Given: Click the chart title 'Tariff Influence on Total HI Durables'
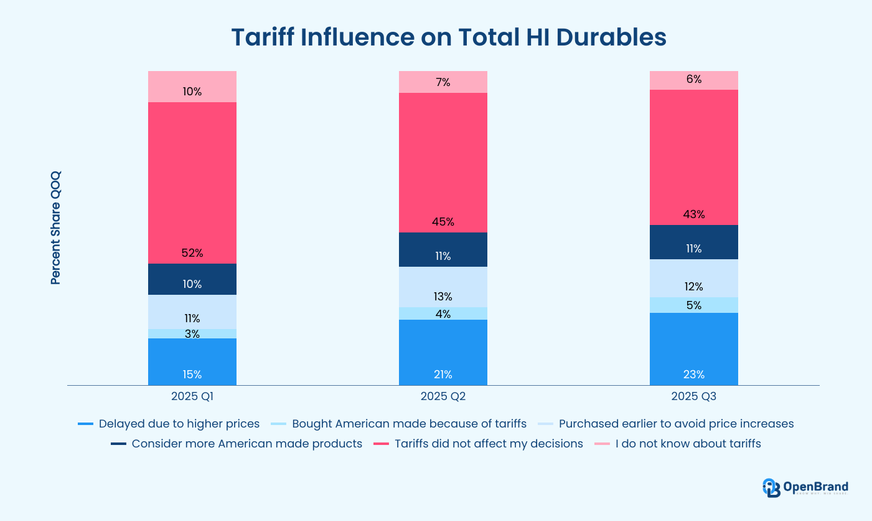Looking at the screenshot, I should (448, 37).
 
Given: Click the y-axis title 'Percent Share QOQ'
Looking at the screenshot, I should (56, 229).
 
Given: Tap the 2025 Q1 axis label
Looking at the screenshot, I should (192, 396).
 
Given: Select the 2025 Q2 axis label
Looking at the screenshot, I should (443, 396).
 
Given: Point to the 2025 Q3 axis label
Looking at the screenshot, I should (693, 396).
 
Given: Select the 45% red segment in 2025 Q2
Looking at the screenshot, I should (443, 162).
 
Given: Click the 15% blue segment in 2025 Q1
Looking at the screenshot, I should (192, 361).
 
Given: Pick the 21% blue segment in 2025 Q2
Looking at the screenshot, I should (443, 352).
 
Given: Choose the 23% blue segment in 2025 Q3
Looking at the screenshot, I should (693, 349).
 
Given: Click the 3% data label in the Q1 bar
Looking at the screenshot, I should (192, 334).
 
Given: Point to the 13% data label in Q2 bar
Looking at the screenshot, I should (443, 297).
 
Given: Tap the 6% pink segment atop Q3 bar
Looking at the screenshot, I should (693, 80).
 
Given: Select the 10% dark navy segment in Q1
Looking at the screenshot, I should (192, 279).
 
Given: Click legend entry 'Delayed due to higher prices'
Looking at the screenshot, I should (169, 424).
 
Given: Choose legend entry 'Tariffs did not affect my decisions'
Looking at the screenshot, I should (479, 444).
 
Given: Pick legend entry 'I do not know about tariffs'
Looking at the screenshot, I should (678, 444).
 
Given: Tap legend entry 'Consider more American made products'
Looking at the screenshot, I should (237, 444).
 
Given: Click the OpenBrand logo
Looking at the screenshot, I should (805, 487).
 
